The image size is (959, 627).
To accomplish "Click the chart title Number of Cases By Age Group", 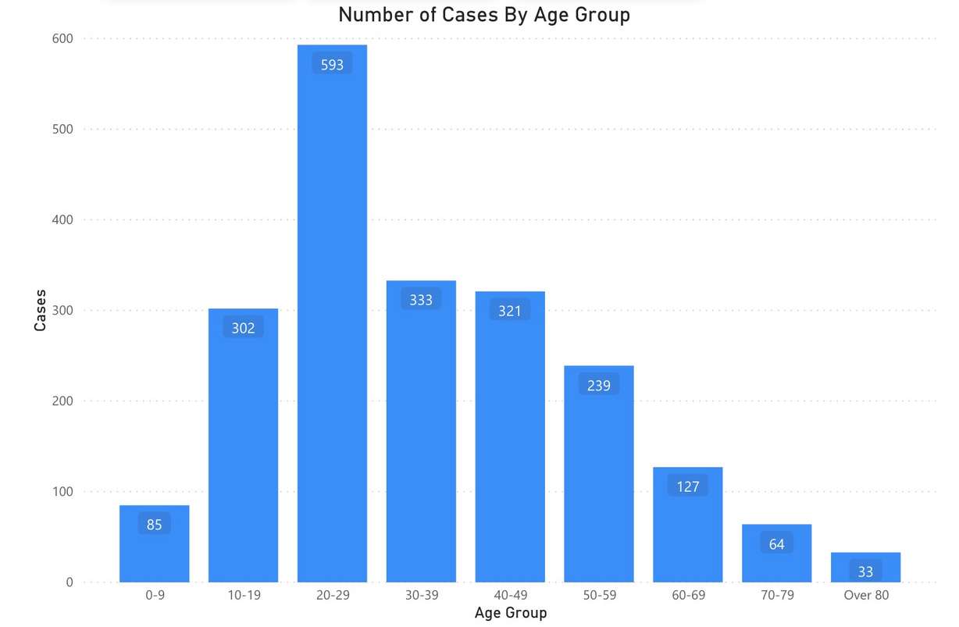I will tap(483, 15).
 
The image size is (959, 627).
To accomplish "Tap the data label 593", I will tap(332, 65).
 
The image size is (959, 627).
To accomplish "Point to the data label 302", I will tap(243, 328).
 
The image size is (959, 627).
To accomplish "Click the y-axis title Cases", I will tap(41, 310).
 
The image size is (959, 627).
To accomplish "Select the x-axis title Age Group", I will tap(511, 613).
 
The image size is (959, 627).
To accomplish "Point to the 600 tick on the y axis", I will tap(62, 38).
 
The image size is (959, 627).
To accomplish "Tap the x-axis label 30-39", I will tap(421, 595).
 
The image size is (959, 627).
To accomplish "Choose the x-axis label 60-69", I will tap(688, 595).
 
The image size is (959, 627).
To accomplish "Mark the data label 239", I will tap(599, 385).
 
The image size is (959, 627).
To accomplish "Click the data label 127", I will tap(688, 486).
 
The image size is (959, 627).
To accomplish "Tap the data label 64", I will tap(776, 544).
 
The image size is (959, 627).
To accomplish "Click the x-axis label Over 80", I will tap(866, 595).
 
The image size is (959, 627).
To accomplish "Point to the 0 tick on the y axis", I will tap(69, 582).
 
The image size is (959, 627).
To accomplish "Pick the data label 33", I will tap(865, 572).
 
